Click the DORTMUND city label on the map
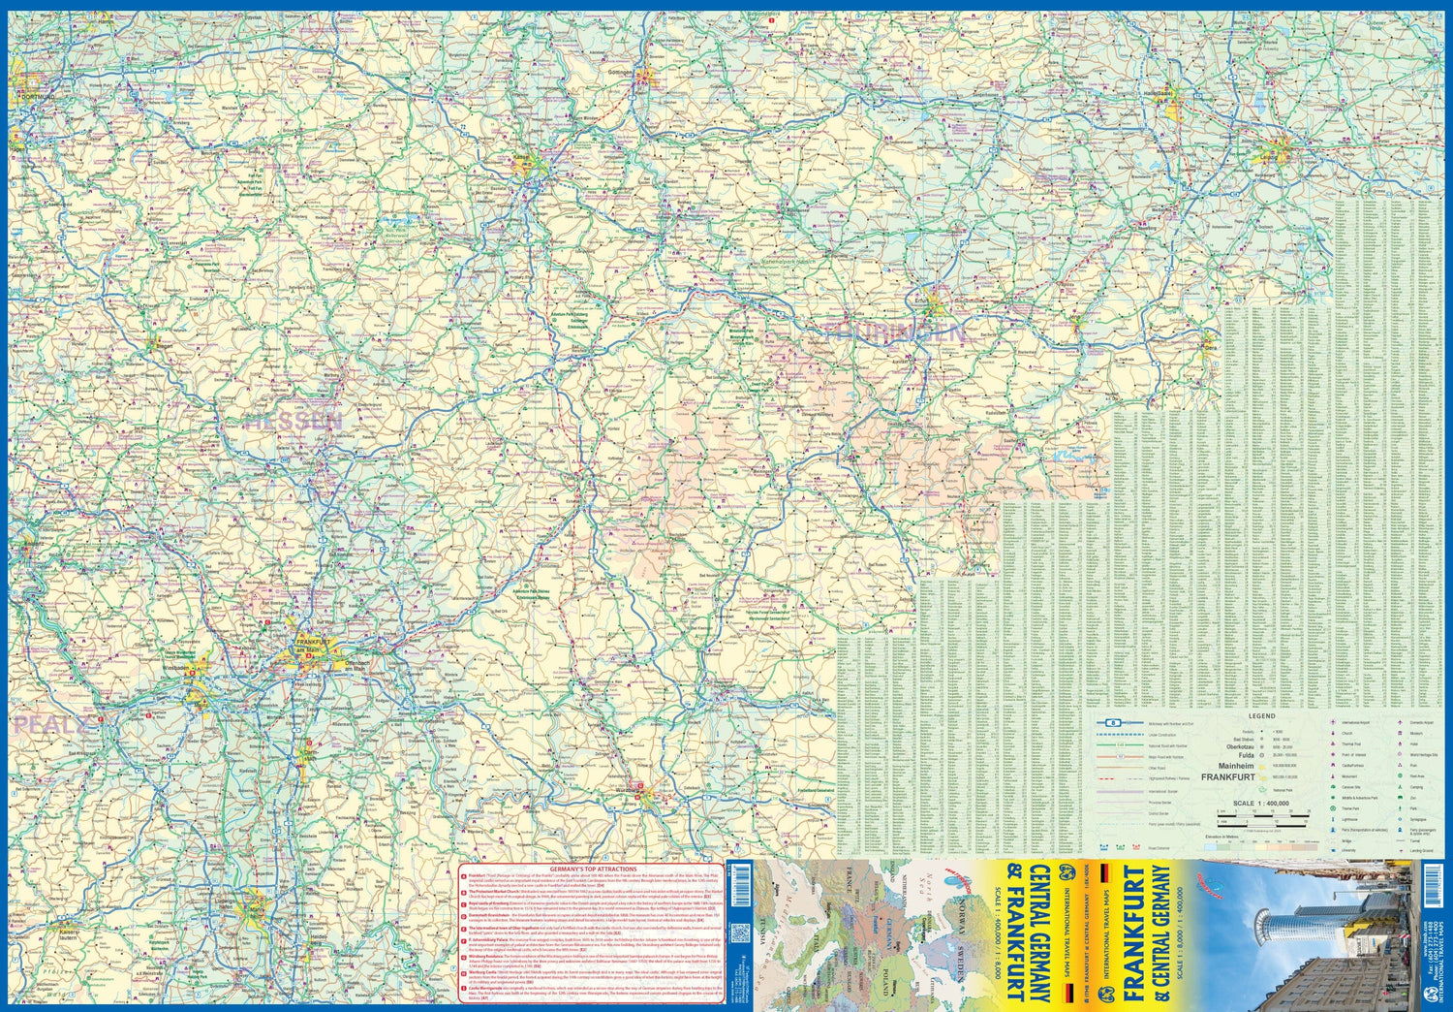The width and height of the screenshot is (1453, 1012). point(34,98)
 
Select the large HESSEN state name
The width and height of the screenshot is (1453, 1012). point(294,422)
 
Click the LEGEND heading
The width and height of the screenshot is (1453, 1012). point(1261,716)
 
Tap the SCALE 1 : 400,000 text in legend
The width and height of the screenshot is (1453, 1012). point(1261,804)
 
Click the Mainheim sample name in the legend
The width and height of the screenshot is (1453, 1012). point(1236,766)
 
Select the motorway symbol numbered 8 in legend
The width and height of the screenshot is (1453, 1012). point(1115,723)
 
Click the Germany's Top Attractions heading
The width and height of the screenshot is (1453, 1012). point(592,870)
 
